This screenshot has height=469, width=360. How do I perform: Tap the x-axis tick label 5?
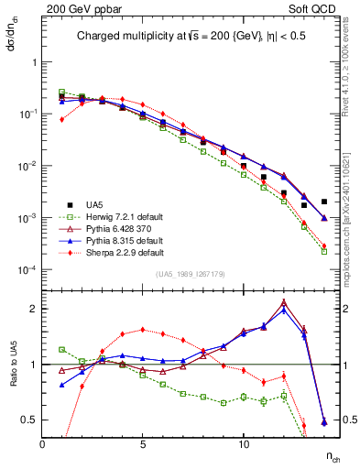tap(143, 444)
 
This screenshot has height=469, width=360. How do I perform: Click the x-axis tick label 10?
tap(244, 444)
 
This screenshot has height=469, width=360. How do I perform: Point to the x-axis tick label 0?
tap(43, 444)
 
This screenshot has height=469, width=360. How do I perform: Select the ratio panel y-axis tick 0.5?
tap(29, 420)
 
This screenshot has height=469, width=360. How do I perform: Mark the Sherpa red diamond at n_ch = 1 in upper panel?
tap(62, 119)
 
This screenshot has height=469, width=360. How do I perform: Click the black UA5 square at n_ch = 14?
tap(324, 202)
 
